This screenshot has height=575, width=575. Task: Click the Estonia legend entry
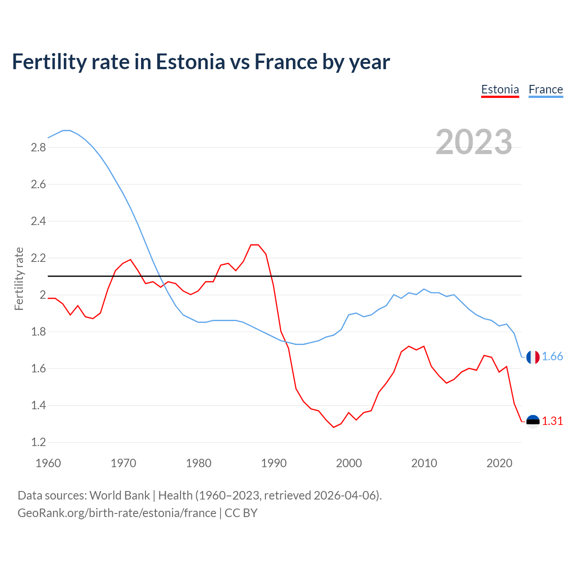tap(500, 89)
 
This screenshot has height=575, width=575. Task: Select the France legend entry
tap(546, 89)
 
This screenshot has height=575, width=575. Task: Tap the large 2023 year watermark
tap(474, 142)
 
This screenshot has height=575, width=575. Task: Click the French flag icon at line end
tap(533, 357)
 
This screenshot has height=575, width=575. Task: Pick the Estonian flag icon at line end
tap(533, 421)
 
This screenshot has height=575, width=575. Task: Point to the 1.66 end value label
tap(552, 357)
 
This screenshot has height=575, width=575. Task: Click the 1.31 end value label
tap(552, 421)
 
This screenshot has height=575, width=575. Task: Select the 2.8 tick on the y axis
tap(38, 148)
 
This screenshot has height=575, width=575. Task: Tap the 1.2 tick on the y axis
tap(38, 442)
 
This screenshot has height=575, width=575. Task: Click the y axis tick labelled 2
tap(43, 295)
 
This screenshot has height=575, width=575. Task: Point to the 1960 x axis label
tap(48, 463)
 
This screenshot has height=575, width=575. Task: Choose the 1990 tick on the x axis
tap(274, 463)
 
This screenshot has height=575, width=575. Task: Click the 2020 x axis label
tap(499, 463)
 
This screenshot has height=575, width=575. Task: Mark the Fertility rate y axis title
tap(19, 279)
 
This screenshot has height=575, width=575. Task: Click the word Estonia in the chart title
tap(190, 62)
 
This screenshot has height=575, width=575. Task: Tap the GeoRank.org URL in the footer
tap(117, 513)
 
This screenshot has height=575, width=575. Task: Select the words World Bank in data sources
tap(119, 495)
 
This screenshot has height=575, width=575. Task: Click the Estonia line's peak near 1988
tap(255, 245)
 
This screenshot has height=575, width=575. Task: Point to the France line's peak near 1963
tap(66, 130)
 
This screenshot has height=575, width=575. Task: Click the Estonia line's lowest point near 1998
tap(333, 427)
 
